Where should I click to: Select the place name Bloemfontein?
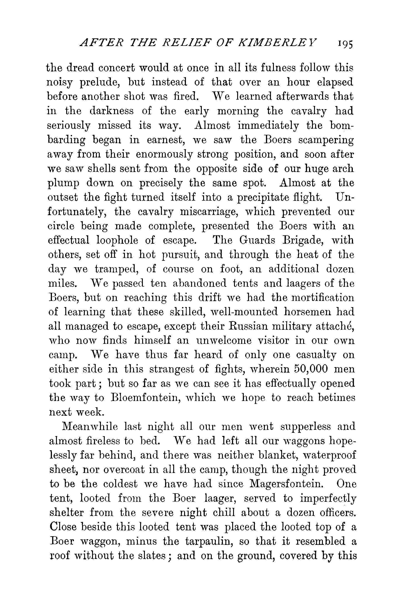(156, 398)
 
